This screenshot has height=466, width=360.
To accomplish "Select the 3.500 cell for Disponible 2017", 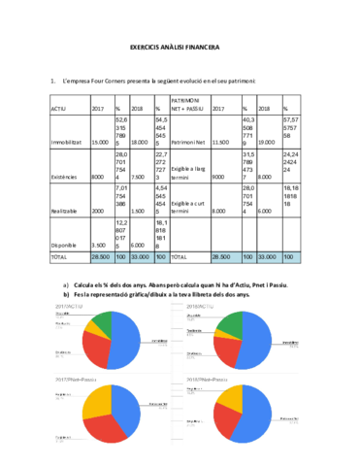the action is pos(98,246).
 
